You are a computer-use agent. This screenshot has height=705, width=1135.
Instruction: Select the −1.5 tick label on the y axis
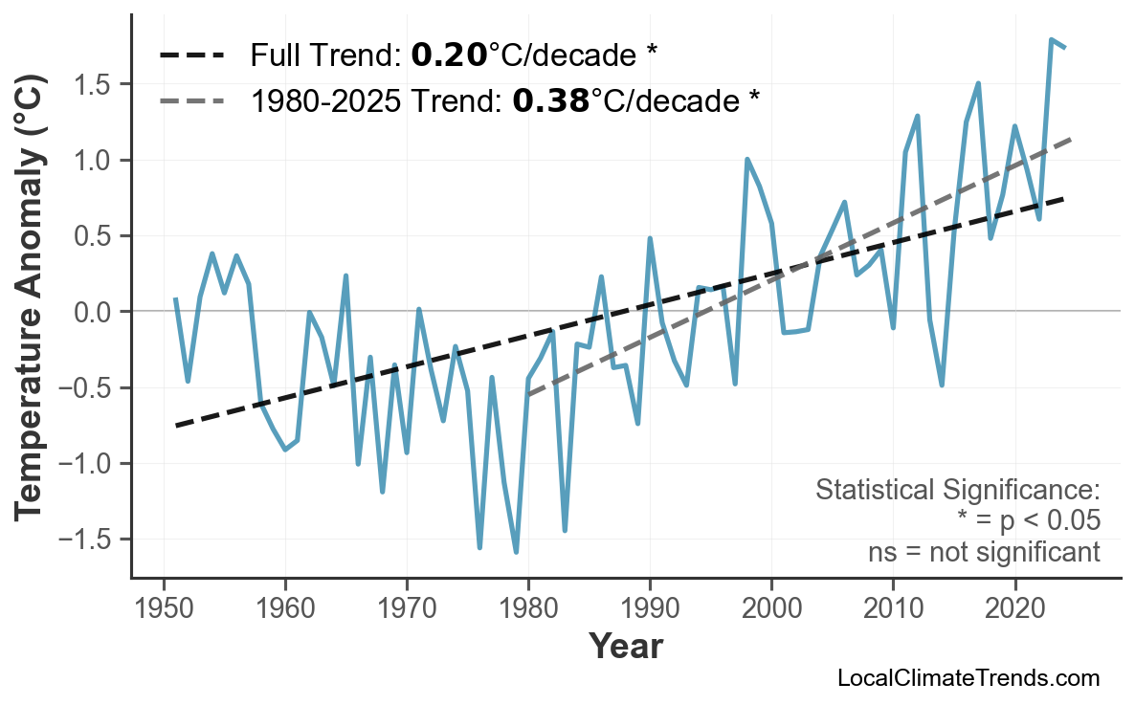coord(88,540)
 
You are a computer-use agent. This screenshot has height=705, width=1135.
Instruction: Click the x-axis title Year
coord(624,648)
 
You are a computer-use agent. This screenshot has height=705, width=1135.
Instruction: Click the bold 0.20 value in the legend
coord(449,55)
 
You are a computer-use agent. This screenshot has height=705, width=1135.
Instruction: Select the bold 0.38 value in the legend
coord(551,99)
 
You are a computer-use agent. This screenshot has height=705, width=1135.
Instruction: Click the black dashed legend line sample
coord(192,55)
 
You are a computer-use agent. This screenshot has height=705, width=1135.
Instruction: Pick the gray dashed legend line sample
coord(192,99)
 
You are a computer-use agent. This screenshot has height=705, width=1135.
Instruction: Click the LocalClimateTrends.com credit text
coord(968,678)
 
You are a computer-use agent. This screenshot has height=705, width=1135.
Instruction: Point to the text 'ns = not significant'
coord(984,552)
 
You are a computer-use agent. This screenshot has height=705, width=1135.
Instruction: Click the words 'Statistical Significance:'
coord(957,491)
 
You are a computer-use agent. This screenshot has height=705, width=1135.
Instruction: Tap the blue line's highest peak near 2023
coord(1051,40)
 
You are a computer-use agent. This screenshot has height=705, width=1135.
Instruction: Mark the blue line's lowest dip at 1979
coord(516,552)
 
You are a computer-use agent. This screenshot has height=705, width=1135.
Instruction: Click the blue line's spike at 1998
coord(746,160)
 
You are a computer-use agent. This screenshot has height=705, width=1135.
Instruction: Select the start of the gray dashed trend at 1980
coord(528,394)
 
